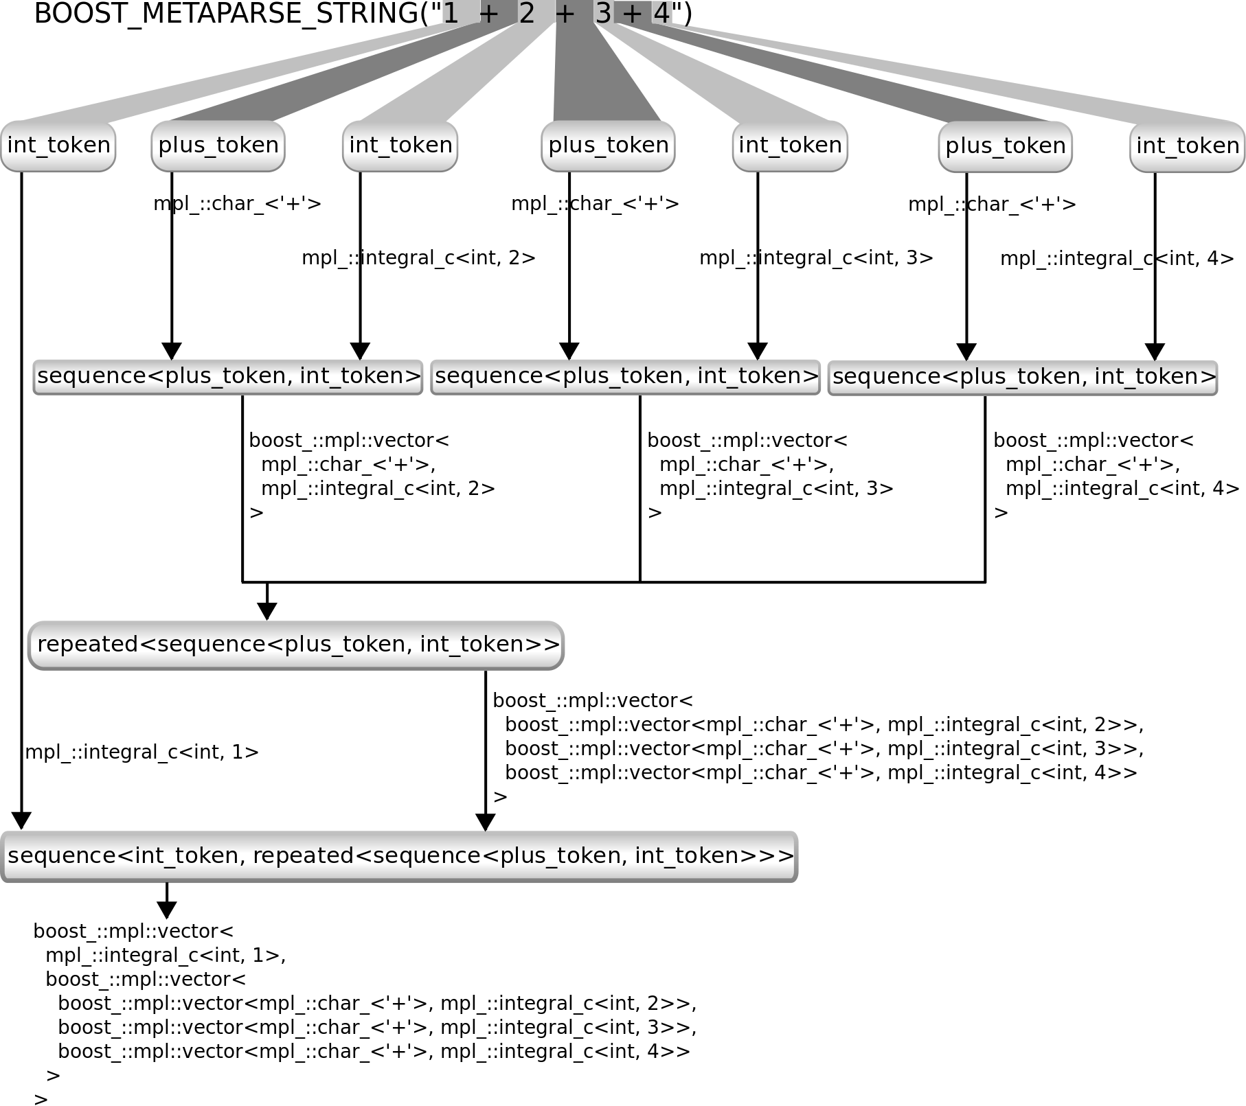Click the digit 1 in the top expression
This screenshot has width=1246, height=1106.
[x=451, y=13]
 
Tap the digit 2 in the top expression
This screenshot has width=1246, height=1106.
[x=526, y=13]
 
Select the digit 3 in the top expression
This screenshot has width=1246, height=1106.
[x=603, y=13]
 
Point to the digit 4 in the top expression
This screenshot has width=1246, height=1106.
[x=661, y=13]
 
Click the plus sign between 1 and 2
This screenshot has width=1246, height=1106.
[x=488, y=13]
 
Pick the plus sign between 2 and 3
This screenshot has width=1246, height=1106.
[x=564, y=13]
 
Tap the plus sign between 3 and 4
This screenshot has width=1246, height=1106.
[x=632, y=13]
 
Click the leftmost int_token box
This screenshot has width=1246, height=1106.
[x=58, y=146]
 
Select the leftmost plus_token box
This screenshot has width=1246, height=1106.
[x=218, y=146]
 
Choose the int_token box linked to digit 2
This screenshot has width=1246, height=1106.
[x=400, y=146]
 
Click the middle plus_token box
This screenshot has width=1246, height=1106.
[x=608, y=146]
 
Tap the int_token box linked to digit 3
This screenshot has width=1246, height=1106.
[x=790, y=146]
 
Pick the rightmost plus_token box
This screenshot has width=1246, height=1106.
[x=1005, y=146]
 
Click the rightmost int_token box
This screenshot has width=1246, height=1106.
[x=1188, y=146]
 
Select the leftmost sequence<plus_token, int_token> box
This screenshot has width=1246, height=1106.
[x=228, y=376]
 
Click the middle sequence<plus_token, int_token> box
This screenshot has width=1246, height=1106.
[x=626, y=376]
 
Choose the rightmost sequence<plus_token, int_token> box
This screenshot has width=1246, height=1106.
[x=1023, y=377]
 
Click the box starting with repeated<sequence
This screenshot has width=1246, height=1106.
[x=296, y=645]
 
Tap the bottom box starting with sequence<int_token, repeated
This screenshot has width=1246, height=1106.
[x=399, y=856]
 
